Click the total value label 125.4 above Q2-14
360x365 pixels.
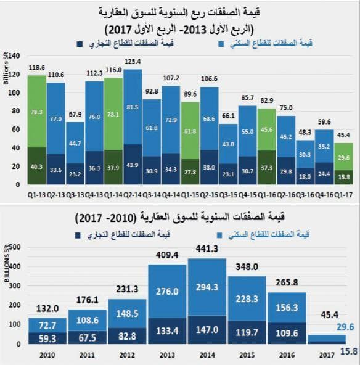coord(133,62)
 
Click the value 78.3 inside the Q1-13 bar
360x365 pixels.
coord(36,112)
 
